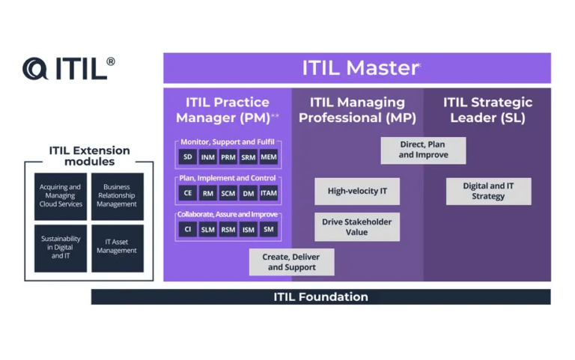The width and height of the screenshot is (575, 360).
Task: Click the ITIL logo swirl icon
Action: tap(36, 69)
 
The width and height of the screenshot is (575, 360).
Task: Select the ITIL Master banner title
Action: tap(360, 68)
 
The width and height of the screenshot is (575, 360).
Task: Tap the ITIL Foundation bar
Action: tap(320, 297)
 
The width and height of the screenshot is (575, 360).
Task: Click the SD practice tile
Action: tap(187, 156)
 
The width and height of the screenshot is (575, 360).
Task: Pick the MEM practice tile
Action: tap(268, 156)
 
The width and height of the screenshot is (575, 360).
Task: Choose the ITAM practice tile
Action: tap(268, 193)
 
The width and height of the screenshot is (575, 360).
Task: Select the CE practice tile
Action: tap(187, 193)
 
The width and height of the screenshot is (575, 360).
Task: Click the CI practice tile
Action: tap(187, 230)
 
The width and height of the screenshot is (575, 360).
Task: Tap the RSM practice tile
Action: tap(228, 230)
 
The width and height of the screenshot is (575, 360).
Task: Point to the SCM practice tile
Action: tap(228, 193)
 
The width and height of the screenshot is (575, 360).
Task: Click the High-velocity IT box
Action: tap(357, 191)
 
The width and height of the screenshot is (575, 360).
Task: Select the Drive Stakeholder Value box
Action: tap(356, 227)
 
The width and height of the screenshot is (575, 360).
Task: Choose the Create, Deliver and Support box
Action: tap(292, 262)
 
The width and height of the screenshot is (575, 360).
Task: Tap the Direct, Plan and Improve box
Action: tap(423, 150)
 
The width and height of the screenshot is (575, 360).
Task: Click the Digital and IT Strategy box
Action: tap(488, 191)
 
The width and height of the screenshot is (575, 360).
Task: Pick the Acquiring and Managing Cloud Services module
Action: tap(60, 196)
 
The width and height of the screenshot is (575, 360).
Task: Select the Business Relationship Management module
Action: tap(117, 196)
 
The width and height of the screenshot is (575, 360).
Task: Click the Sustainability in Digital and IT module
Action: tap(60, 247)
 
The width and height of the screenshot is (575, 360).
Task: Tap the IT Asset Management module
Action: tap(117, 247)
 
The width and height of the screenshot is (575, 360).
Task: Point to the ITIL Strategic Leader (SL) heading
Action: tap(487, 110)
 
